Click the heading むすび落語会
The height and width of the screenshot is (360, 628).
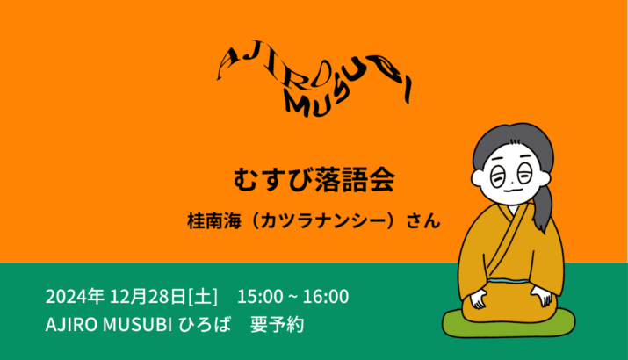pos(314,180)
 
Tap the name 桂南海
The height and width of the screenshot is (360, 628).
pos(214,221)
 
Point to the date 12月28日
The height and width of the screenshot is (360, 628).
pos(148,297)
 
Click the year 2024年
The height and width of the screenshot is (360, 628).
pos(75,297)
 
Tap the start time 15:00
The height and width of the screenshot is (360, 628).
pos(260,297)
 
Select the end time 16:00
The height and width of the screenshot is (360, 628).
pos(326,297)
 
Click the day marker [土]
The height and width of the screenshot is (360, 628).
pos(203,297)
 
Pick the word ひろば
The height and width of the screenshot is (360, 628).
pos(205,324)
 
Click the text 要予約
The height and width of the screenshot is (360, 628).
pos(278,324)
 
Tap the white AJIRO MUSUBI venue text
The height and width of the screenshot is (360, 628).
pos(109,324)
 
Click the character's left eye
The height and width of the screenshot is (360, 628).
pos(498,177)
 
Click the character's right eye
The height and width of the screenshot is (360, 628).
pos(524,173)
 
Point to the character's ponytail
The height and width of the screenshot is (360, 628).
pos(543,208)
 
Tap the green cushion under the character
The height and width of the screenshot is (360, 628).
pos(509,323)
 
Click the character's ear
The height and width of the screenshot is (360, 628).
pos(478,178)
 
